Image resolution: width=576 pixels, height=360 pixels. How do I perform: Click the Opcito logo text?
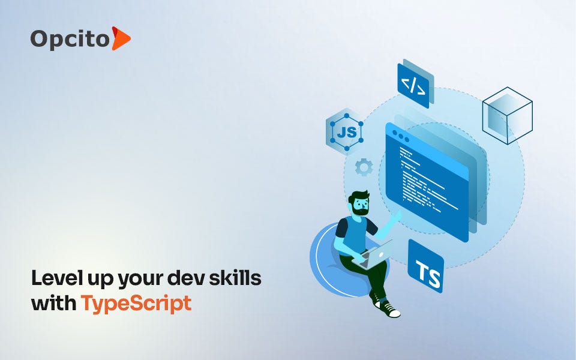click(x=70, y=39)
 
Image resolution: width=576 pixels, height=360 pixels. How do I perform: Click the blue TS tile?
click(x=425, y=267)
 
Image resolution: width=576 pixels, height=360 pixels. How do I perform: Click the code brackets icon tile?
click(x=415, y=84)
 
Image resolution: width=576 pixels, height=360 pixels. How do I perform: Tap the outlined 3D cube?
click(x=507, y=116)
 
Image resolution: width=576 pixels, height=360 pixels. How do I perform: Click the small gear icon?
click(x=364, y=167)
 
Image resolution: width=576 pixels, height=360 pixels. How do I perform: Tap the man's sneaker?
click(x=389, y=309)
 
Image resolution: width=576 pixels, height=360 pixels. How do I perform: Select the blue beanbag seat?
click(x=327, y=264)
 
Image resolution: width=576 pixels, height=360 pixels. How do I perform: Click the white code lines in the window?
click(x=426, y=180)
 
